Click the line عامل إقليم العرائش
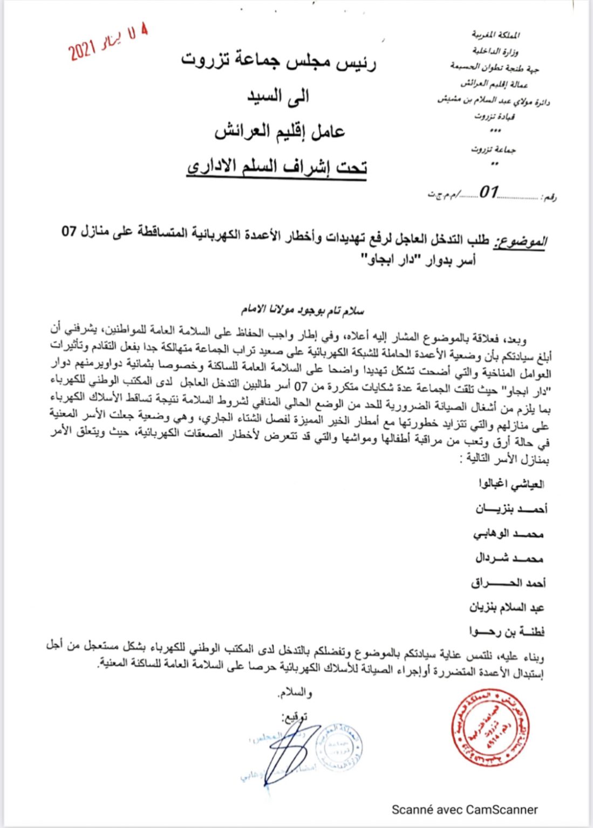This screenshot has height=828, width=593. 280,131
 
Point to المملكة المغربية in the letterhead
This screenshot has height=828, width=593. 495,35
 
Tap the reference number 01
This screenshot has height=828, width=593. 489,192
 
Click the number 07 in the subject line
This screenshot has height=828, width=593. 69,232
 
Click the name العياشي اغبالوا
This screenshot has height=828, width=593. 511,484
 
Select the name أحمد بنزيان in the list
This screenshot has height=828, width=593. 511,508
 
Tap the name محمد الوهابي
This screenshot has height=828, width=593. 508,534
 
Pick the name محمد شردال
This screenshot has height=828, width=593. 509,558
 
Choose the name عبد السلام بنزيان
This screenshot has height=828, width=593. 506,608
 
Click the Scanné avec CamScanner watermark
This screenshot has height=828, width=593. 464,809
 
